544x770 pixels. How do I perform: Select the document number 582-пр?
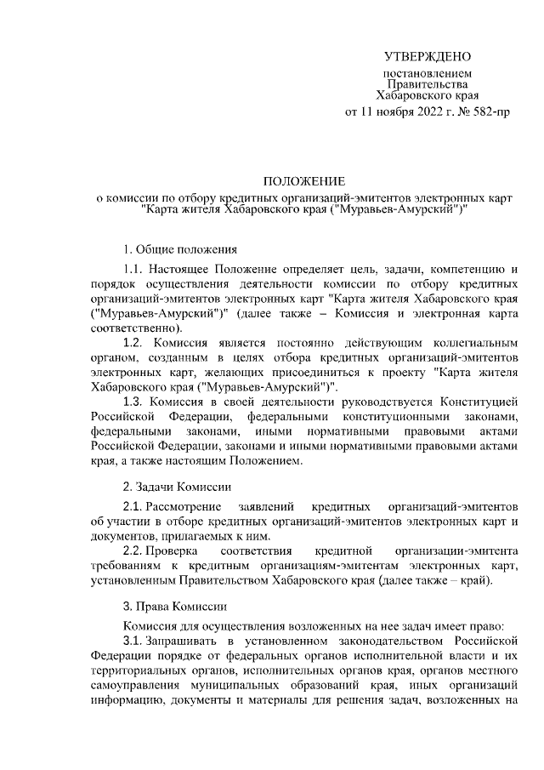coord(488,111)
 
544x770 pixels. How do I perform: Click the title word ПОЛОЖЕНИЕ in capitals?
coord(303,181)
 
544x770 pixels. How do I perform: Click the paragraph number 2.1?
coord(134,506)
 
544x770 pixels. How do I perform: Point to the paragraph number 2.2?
coord(134,550)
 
